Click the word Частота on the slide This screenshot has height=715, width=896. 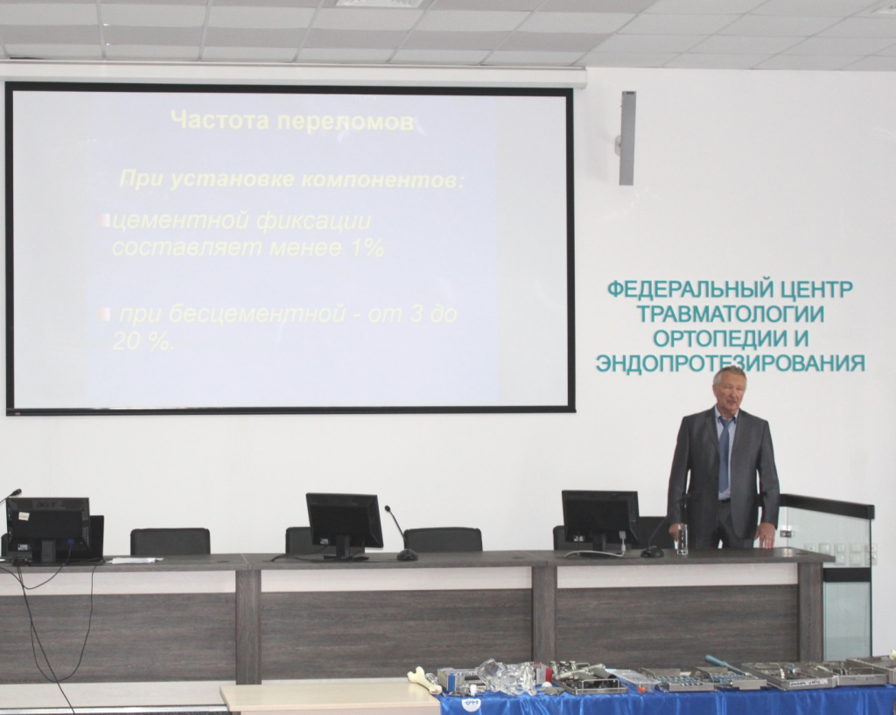coord(220,120)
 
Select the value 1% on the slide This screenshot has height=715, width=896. coord(364,248)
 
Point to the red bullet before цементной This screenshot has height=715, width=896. coord(105,221)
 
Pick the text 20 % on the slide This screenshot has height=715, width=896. coord(143,341)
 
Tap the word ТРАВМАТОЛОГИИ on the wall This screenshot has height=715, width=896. coord(731,314)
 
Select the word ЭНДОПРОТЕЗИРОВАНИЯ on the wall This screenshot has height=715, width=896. coord(731,363)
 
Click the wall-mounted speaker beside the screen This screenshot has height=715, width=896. coord(626,137)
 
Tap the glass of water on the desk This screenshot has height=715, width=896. coord(682,538)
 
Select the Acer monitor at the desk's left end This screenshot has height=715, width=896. coord(49,528)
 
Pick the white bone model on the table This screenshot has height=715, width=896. coord(424,678)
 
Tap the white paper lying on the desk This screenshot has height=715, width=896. coord(133,559)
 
